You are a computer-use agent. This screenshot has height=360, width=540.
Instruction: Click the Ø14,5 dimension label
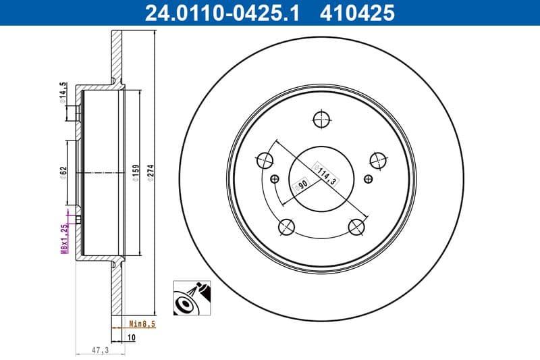(65, 92)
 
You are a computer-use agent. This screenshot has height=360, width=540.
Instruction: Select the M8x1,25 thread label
(65, 238)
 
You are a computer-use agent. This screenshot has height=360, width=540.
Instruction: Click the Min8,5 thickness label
(142, 324)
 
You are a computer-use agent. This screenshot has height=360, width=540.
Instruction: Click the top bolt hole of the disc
(322, 119)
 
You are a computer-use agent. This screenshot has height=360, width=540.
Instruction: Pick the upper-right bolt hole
(379, 160)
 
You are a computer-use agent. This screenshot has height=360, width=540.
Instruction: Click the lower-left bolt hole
(287, 227)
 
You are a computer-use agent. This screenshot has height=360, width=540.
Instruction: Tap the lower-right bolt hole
(357, 227)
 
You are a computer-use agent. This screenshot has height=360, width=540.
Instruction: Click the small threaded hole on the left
(274, 179)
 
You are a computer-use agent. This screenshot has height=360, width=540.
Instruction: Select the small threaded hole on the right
(369, 179)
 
